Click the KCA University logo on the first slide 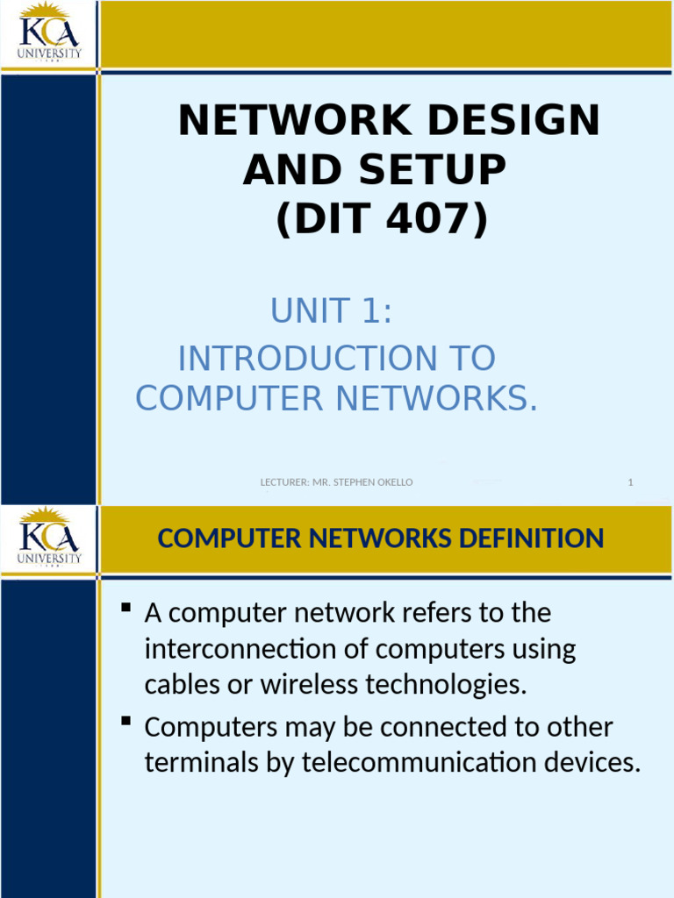[x=49, y=33]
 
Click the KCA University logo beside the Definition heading [x=49, y=537]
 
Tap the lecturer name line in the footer [x=337, y=482]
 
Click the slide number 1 [x=630, y=482]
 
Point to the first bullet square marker [x=125, y=607]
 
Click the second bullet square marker [x=125, y=722]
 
